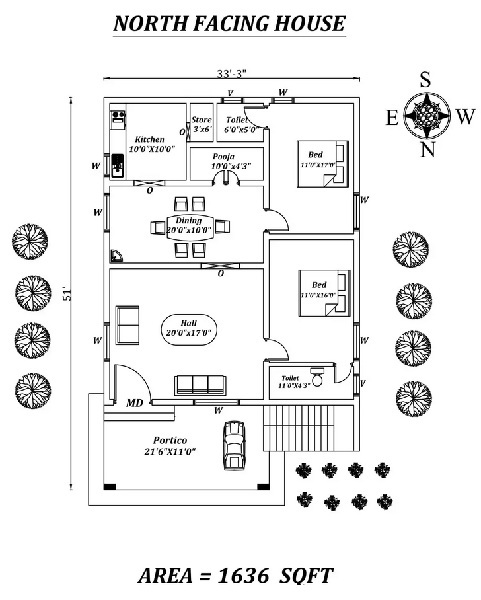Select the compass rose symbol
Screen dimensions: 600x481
[427, 116]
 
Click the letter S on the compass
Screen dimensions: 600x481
[426, 79]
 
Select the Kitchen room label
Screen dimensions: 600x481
[147, 144]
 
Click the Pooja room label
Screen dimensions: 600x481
[224, 162]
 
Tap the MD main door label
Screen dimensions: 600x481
[134, 403]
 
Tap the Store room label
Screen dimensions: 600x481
[201, 124]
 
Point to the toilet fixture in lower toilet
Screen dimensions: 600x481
[318, 376]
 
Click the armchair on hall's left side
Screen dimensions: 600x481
[129, 323]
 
